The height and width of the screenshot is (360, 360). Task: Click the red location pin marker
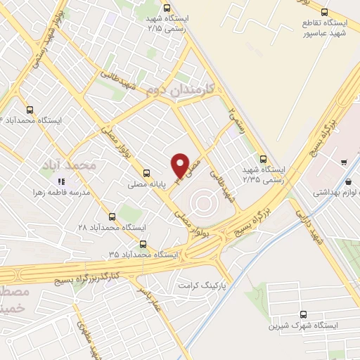(x=180, y=166)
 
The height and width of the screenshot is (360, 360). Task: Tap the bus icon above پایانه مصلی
(x=146, y=172)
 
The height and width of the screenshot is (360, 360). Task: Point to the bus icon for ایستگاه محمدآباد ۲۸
(x=112, y=216)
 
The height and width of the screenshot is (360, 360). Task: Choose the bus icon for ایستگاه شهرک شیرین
(x=302, y=315)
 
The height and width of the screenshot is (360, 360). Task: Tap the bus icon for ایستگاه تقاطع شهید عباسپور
(x=323, y=12)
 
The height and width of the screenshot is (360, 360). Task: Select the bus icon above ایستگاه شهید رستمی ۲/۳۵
(x=264, y=158)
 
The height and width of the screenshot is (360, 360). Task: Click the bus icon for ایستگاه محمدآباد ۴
(x=30, y=109)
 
